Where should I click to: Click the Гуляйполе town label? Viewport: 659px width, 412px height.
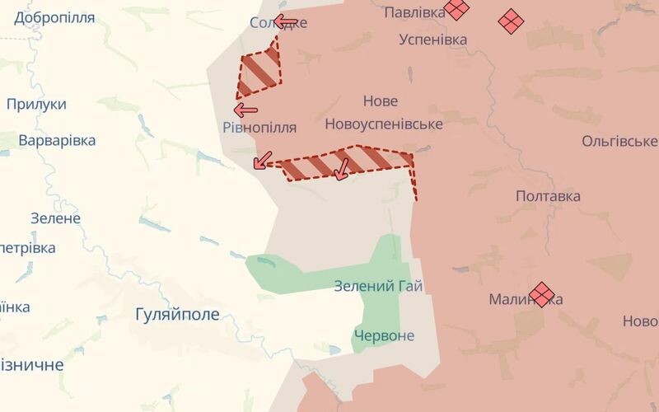point(177,314)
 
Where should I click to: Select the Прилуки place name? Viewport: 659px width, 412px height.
point(36,105)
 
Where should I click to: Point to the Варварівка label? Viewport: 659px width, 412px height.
point(57,140)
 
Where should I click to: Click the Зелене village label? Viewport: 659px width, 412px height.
point(55,218)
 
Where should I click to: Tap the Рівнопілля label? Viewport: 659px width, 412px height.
point(259,128)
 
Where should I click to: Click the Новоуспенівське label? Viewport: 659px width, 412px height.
point(384,124)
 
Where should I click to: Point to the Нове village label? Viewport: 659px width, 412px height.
point(381,101)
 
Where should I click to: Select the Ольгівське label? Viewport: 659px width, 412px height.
point(619,142)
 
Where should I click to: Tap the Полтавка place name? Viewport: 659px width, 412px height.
point(548,196)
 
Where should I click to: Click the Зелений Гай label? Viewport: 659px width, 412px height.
point(378,287)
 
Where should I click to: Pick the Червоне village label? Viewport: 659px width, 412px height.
point(384,335)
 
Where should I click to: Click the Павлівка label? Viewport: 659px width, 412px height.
point(415,12)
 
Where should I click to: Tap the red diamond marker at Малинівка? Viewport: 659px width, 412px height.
point(541,294)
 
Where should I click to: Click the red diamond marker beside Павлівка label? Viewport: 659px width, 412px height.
point(456,9)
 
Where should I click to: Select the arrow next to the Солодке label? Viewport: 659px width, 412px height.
point(285,21)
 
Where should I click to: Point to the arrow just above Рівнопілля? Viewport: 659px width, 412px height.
point(245,109)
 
